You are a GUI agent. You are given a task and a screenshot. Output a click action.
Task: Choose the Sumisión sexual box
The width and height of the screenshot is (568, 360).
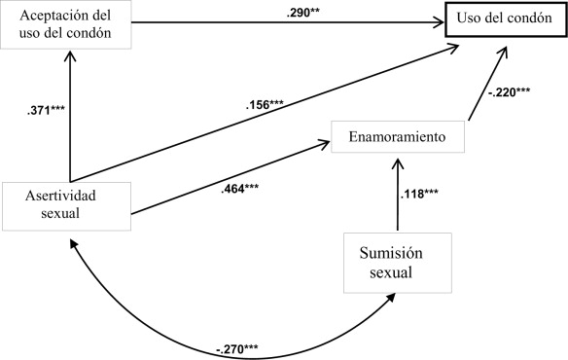click(388, 262)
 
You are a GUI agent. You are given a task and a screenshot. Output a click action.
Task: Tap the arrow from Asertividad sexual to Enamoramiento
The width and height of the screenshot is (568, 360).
click(224, 179)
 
